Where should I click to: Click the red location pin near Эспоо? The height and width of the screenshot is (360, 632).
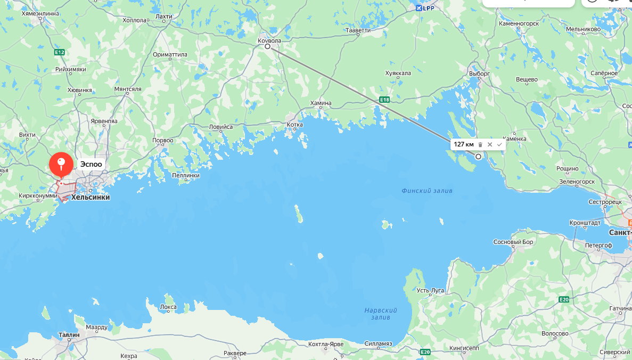tap(61, 164)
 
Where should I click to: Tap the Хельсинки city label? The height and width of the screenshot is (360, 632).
tap(90, 197)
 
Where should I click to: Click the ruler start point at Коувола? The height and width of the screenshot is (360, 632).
tap(268, 46)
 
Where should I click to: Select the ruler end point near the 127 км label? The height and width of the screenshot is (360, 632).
tap(478, 157)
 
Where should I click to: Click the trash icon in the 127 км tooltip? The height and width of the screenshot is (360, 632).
tap(480, 144)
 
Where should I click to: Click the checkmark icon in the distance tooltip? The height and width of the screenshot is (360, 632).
tap(499, 144)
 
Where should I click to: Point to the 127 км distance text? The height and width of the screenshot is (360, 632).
tap(463, 144)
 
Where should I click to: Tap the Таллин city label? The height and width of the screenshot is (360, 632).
tap(69, 335)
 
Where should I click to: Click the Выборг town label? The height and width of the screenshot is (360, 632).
tap(479, 73)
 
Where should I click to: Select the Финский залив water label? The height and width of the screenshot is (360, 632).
tap(427, 191)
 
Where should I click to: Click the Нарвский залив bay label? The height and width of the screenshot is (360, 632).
tap(381, 314)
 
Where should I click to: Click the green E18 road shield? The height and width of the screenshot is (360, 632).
tap(384, 100)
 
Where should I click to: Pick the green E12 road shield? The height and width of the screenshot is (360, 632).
tap(59, 52)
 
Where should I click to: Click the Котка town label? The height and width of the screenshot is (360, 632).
tap(294, 125)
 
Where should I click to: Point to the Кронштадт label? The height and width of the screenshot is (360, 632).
tap(585, 223)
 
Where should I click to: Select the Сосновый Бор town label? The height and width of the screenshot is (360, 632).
tap(513, 242)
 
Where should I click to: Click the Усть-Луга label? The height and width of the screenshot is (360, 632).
tap(430, 290)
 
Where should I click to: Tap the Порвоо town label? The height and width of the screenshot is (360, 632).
tap(163, 141)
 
